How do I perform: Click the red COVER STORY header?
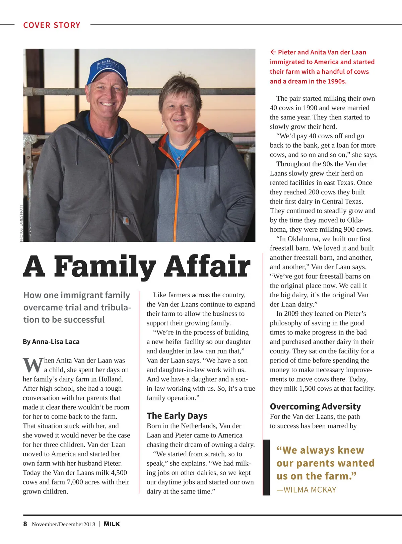(x=52, y=25)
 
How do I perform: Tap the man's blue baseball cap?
(x=107, y=70)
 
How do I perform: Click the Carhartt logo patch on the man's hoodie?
(x=126, y=221)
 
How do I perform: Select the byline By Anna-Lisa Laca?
(x=51, y=342)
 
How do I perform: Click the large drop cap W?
(x=33, y=365)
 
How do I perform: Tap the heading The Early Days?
(x=177, y=416)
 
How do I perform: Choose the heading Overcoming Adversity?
(x=315, y=406)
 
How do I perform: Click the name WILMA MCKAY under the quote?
(x=310, y=490)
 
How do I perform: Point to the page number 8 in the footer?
(x=25, y=524)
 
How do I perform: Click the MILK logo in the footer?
(x=112, y=524)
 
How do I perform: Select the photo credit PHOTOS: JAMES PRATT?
(x=21, y=223)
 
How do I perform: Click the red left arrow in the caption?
(x=273, y=52)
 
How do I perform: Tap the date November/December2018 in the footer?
(x=63, y=524)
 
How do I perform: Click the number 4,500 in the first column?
(x=119, y=473)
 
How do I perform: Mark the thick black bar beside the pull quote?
(x=266, y=467)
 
